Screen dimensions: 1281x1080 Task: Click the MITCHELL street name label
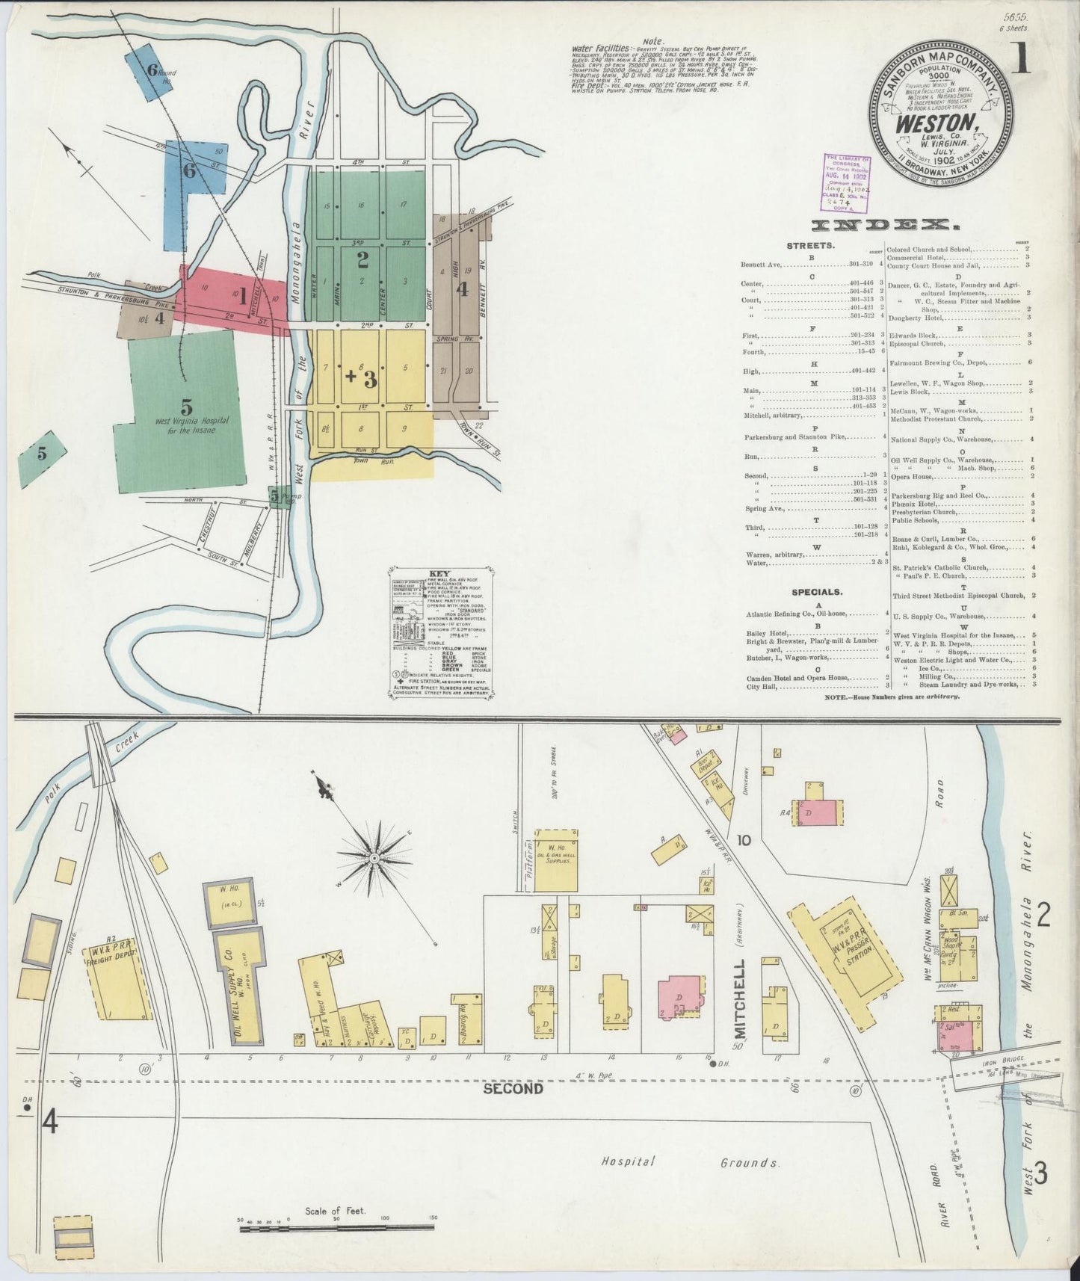(x=740, y=1001)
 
